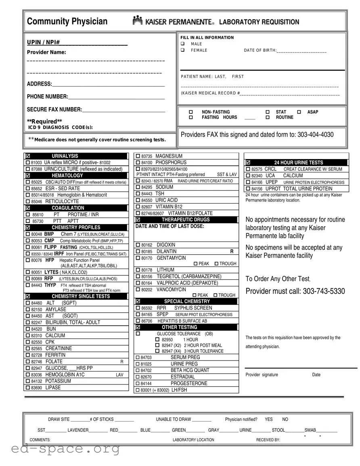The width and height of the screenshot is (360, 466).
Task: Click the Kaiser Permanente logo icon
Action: [x=137, y=21]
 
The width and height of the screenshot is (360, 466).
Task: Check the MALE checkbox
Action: [x=182, y=44]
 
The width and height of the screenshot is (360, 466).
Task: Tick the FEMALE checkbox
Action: [x=182, y=50]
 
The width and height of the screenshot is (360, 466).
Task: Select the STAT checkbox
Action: [x=268, y=112]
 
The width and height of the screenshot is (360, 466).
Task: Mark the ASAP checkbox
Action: [x=299, y=112]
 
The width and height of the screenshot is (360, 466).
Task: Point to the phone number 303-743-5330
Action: [x=324, y=291]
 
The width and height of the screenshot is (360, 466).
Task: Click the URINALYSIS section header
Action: [x=65, y=156]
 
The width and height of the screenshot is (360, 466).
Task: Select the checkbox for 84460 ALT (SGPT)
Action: [x=28, y=303]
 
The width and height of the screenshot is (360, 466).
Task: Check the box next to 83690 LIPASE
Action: [x=28, y=388]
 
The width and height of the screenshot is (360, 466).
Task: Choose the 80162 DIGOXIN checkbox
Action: [x=138, y=245]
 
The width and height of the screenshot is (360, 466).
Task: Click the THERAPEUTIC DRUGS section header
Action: [x=186, y=220]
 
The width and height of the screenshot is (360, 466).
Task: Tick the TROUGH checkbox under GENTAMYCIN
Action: [x=217, y=264]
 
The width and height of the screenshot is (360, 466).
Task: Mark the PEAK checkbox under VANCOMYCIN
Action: [x=195, y=295]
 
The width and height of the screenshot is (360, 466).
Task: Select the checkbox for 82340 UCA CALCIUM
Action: [x=248, y=176]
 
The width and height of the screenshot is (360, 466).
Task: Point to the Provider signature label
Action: [x=262, y=375]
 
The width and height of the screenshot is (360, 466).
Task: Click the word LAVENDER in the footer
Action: [x=78, y=430]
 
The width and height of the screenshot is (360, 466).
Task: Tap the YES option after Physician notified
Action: [x=269, y=419]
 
